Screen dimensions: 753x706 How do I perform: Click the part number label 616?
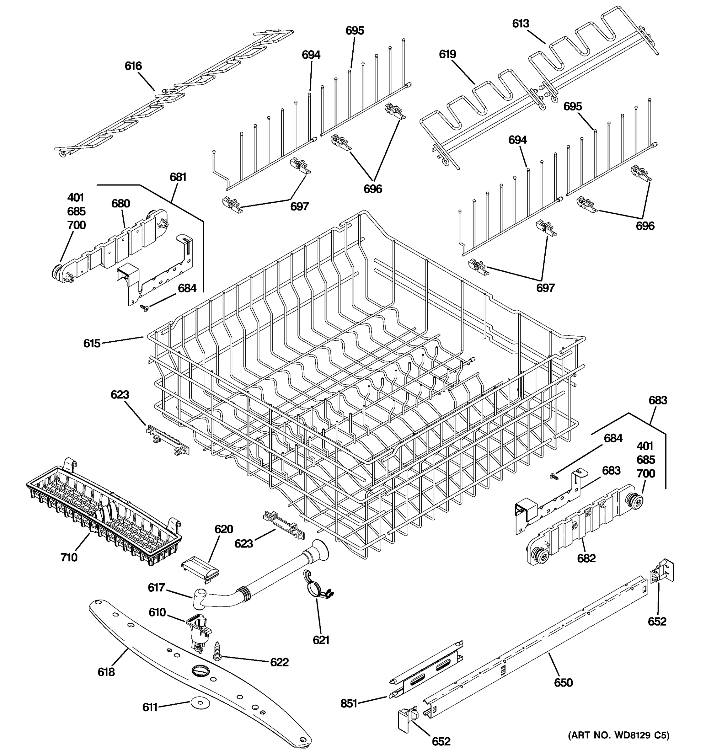133,66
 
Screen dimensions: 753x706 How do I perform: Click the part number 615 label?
92,343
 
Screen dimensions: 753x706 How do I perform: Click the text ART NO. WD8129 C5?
618,735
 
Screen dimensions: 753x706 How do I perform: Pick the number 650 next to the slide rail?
563,682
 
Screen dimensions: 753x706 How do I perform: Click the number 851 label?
349,703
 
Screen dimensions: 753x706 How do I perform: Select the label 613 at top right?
521,24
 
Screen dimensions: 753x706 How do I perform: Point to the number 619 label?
447,54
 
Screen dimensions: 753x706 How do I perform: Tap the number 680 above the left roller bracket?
120,204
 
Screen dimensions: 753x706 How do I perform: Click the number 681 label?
178,177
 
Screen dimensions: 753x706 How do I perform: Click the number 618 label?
106,672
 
